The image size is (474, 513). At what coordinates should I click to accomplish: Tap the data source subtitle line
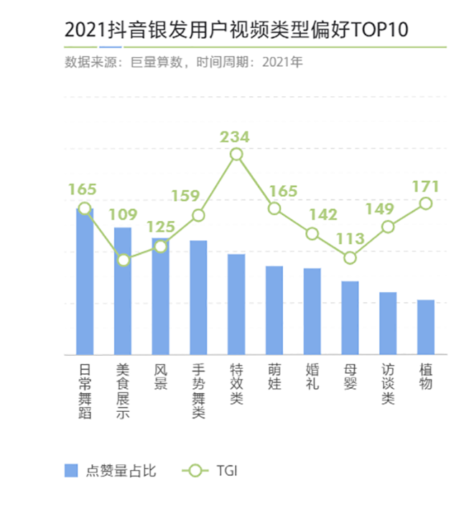pyautogui.click(x=184, y=62)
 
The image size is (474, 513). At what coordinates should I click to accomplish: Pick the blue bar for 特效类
pyautogui.click(x=236, y=305)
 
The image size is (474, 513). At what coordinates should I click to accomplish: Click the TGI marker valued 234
pyautogui.click(x=236, y=154)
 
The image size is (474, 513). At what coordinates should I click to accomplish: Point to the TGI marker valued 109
pyautogui.click(x=124, y=260)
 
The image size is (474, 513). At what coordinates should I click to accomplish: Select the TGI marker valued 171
pyautogui.click(x=426, y=203)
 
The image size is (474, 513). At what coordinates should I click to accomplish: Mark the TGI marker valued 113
pyautogui.click(x=350, y=258)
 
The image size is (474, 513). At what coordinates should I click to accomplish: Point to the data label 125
pyautogui.click(x=161, y=227)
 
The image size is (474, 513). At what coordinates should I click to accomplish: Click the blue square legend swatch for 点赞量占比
pyautogui.click(x=71, y=471)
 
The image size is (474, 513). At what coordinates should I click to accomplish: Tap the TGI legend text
pyautogui.click(x=226, y=471)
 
